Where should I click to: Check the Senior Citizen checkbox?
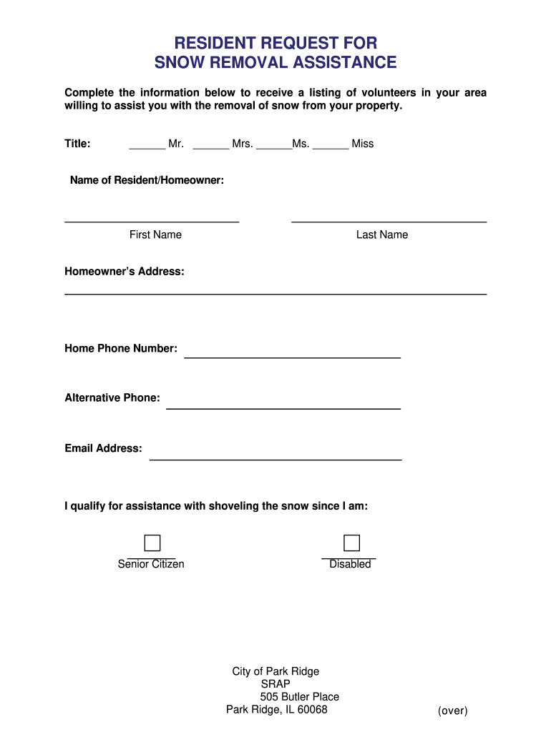pos(152,543)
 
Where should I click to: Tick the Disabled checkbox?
pos(351,543)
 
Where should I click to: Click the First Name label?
pos(155,235)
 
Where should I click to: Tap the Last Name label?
pos(382,235)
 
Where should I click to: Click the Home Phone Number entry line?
pos(292,355)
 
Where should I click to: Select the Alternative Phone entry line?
pos(283,406)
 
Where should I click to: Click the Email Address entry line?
pos(275,457)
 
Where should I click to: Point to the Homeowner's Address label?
pos(125,272)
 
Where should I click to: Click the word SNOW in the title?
pos(178,63)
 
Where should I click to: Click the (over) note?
pos(453,711)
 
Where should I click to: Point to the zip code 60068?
pos(313,710)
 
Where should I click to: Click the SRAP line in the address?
pos(275,684)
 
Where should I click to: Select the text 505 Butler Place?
pos(300,697)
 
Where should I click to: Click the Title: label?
pos(77,144)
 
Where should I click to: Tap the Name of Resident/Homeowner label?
pos(147,181)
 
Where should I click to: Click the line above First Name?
pos(152,222)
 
